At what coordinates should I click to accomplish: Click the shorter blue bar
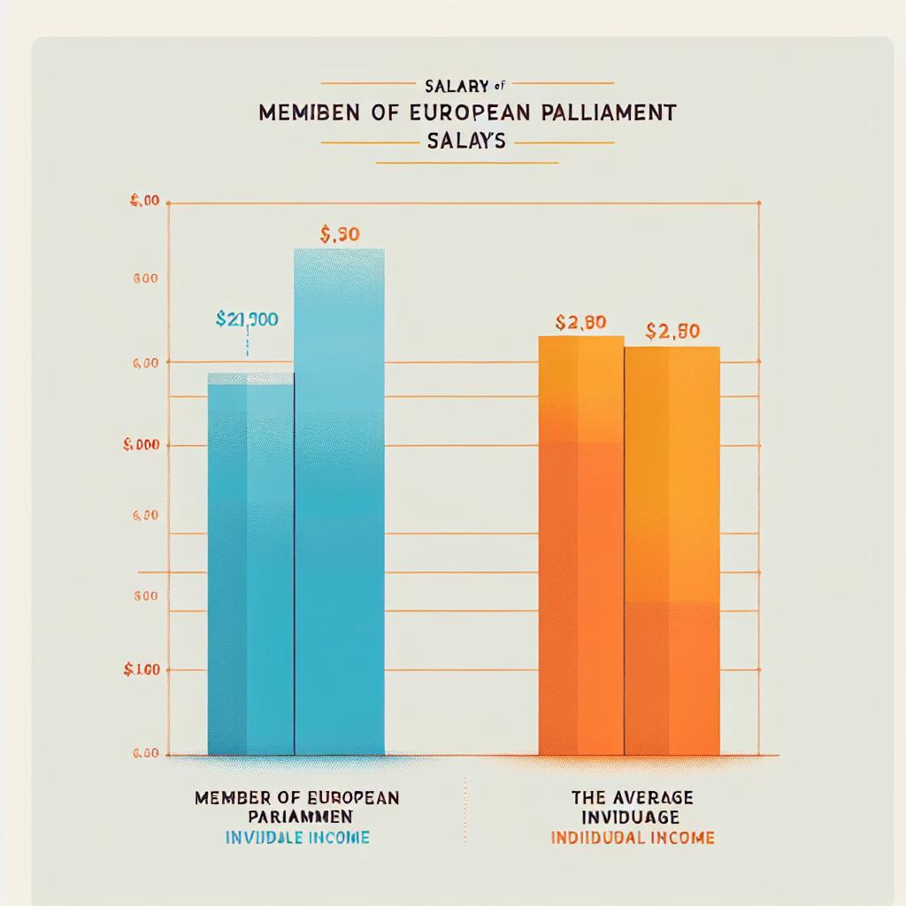tap(250, 566)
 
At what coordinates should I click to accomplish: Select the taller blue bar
tap(340, 504)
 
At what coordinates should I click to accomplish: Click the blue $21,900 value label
tap(247, 319)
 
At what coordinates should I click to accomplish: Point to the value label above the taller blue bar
tap(339, 235)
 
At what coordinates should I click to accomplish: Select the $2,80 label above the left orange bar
tap(580, 323)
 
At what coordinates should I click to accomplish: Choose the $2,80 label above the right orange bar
tap(673, 332)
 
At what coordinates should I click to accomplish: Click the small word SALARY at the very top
tap(457, 86)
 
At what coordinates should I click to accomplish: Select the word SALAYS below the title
tap(465, 142)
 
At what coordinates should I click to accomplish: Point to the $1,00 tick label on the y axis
tap(142, 670)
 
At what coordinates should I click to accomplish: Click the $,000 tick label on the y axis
tap(142, 445)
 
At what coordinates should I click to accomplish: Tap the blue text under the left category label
tap(296, 837)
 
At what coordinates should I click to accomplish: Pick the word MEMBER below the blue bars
tap(233, 798)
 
